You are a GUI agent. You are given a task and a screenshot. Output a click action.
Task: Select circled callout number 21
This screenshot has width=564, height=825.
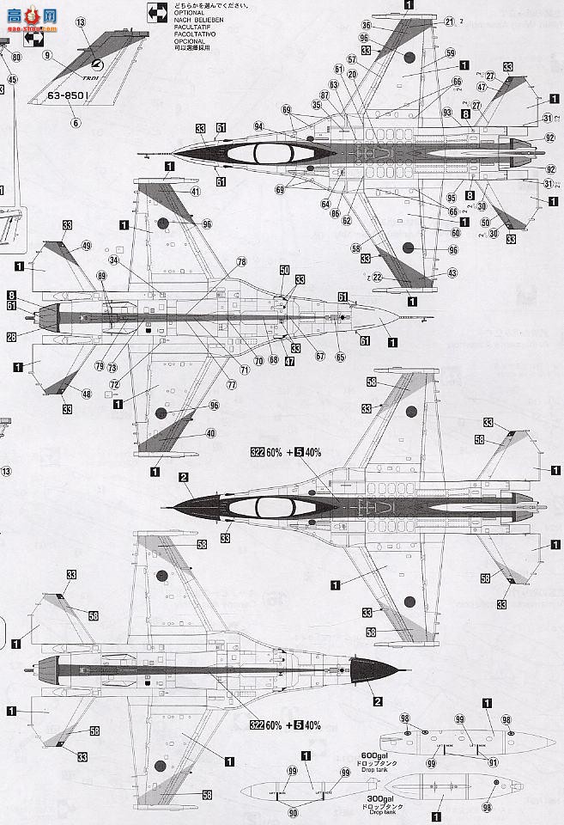point(449,20)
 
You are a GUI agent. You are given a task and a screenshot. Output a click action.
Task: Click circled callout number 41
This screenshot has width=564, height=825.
point(196,191)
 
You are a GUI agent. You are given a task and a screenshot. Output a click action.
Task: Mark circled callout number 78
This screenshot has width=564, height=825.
point(241,261)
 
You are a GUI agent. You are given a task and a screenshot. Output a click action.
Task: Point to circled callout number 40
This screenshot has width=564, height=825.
point(210,434)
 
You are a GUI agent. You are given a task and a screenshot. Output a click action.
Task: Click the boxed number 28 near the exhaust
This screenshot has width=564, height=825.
point(12,336)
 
